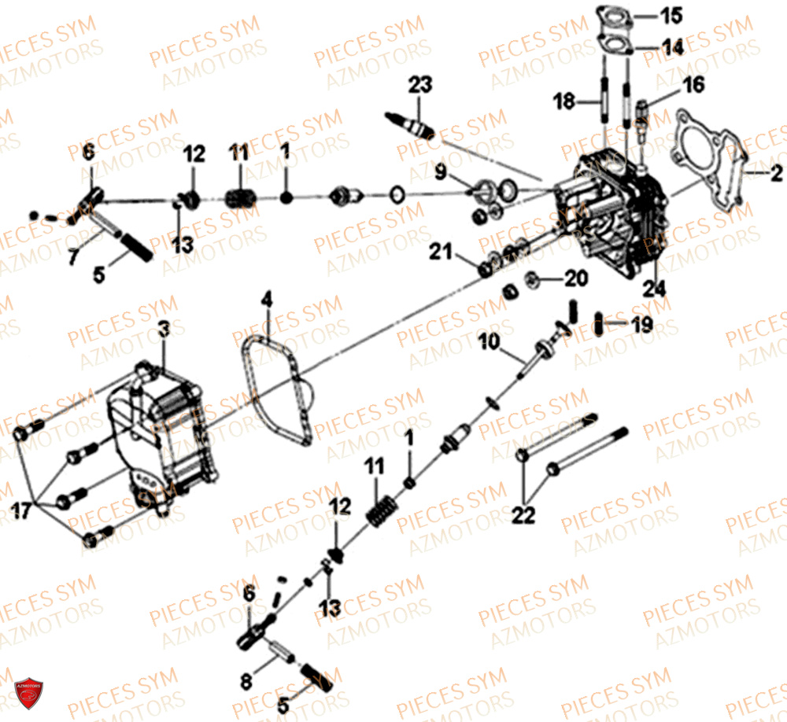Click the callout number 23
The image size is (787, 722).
pyautogui.click(x=420, y=85)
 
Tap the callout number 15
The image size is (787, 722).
pyautogui.click(x=671, y=16)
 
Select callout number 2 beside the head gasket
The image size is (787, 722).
pyautogui.click(x=776, y=173)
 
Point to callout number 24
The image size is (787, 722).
pyautogui.click(x=655, y=289)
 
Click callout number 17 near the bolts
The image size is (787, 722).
pyautogui.click(x=20, y=510)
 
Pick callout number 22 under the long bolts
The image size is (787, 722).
pyautogui.click(x=523, y=515)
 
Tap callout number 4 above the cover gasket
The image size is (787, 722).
pyautogui.click(x=267, y=300)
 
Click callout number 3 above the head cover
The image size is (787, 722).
pyautogui.click(x=164, y=329)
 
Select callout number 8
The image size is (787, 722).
pyautogui.click(x=246, y=681)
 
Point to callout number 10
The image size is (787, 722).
pyautogui.click(x=489, y=341)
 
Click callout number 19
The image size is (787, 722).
pyautogui.click(x=642, y=325)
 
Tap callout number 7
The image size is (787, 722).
pyautogui.click(x=74, y=256)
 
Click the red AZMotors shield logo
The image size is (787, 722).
pyautogui.click(x=28, y=694)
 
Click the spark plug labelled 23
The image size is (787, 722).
pyautogui.click(x=409, y=125)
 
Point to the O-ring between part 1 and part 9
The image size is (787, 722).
pyautogui.click(x=397, y=194)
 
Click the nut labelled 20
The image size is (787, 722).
pyautogui.click(x=533, y=280)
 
